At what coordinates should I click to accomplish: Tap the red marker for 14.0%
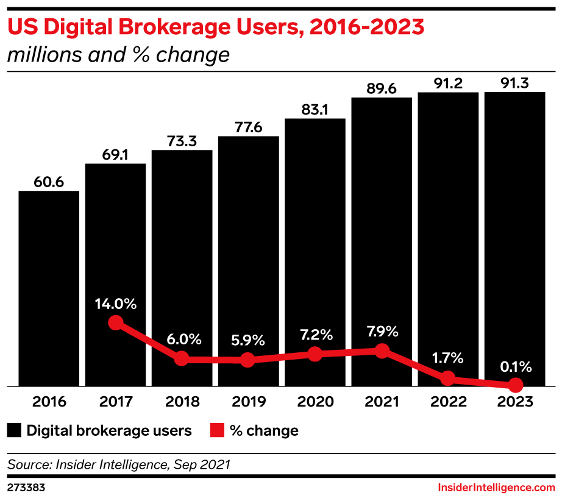pyautogui.click(x=115, y=323)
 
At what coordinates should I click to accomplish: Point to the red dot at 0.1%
pyautogui.click(x=516, y=385)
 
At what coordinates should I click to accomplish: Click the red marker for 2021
pyautogui.click(x=382, y=350)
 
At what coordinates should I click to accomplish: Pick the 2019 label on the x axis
pyautogui.click(x=248, y=402)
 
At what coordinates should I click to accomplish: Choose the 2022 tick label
pyautogui.click(x=448, y=402)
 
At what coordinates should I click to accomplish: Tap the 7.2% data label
pyautogui.click(x=315, y=335)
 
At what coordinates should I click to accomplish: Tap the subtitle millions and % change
pyautogui.click(x=118, y=55)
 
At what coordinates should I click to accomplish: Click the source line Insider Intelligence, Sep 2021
pyautogui.click(x=118, y=464)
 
